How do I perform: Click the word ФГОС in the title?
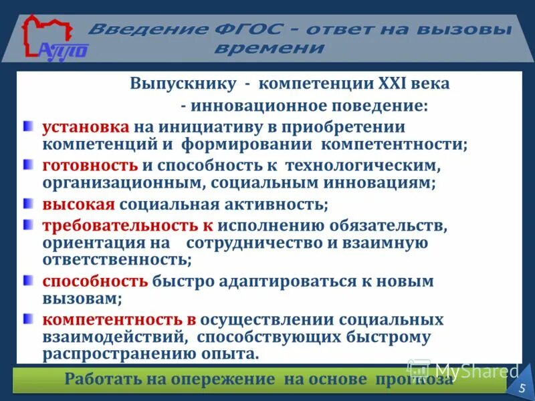tap(251, 30)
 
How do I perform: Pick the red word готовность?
tap(90, 164)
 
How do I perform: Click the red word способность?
tap(95, 281)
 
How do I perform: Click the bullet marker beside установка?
tap(27, 126)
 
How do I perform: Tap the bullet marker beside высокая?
tap(27, 203)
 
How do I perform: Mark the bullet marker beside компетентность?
tap(27, 319)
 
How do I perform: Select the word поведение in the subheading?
tap(382, 106)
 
